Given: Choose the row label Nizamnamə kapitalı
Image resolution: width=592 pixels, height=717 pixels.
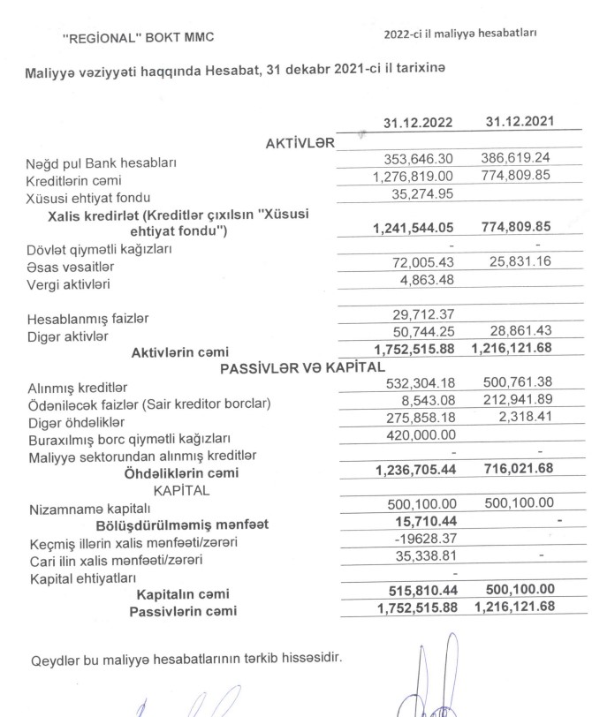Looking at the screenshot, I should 76,509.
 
